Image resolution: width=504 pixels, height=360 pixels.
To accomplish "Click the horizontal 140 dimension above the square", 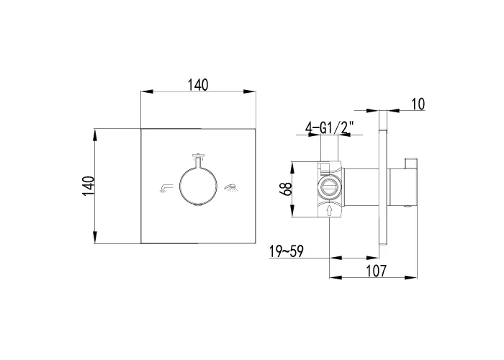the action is (x=198, y=85).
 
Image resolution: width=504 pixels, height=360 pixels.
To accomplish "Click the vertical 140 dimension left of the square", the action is (x=88, y=186).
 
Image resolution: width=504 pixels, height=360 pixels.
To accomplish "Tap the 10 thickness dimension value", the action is (x=418, y=104).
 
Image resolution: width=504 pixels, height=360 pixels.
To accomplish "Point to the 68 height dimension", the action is (x=285, y=189).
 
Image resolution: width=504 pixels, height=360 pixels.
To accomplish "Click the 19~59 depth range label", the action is (x=286, y=251).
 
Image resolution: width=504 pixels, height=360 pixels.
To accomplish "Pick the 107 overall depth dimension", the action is (x=376, y=271).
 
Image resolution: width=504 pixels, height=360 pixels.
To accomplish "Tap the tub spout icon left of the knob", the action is (x=166, y=188).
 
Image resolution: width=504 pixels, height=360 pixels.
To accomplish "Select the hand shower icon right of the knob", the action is (x=231, y=187).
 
